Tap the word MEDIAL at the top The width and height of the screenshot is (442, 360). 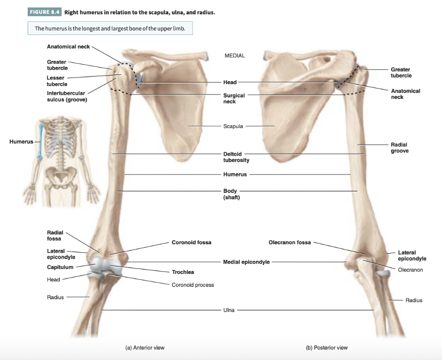tap(235, 56)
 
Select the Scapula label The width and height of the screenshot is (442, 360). tap(233, 127)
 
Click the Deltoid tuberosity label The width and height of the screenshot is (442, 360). tap(236, 157)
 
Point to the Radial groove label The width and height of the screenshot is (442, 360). tap(399, 147)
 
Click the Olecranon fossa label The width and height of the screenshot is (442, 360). tap(290, 242)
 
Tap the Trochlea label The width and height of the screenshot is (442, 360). tap(182, 272)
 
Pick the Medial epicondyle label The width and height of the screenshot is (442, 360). tap(246, 262)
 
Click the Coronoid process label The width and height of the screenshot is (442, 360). tap(192, 285)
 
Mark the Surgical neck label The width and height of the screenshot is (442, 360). tap(234, 98)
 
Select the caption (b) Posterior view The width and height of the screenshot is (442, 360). tap(327, 348)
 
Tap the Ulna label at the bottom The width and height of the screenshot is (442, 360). tap(229, 311)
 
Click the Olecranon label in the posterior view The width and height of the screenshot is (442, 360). tap(410, 270)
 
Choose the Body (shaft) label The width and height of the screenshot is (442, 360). tap(231, 194)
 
